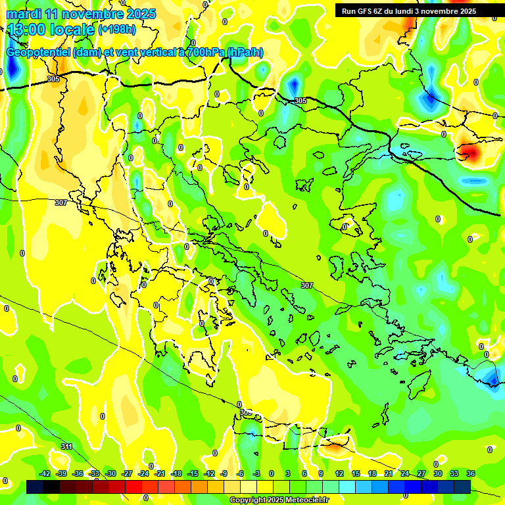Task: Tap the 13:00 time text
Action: [x=27, y=29]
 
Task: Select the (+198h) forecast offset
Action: [x=117, y=30]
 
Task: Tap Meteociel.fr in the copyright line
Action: [x=306, y=500]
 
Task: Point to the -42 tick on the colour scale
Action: [x=45, y=473]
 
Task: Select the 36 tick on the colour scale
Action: [x=471, y=473]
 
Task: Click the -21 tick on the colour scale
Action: [x=160, y=473]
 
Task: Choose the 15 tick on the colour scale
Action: [x=356, y=473]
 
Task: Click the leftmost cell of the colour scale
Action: [x=35, y=487]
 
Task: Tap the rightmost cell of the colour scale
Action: [x=462, y=487]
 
